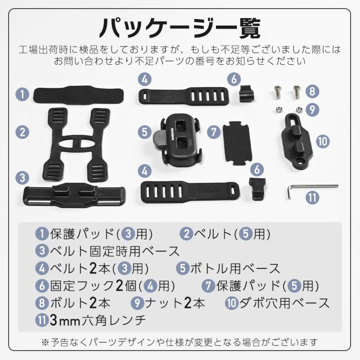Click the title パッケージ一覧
click(180, 26)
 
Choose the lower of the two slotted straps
click(190, 190)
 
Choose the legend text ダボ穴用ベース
click(285, 303)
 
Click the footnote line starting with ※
click(180, 341)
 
